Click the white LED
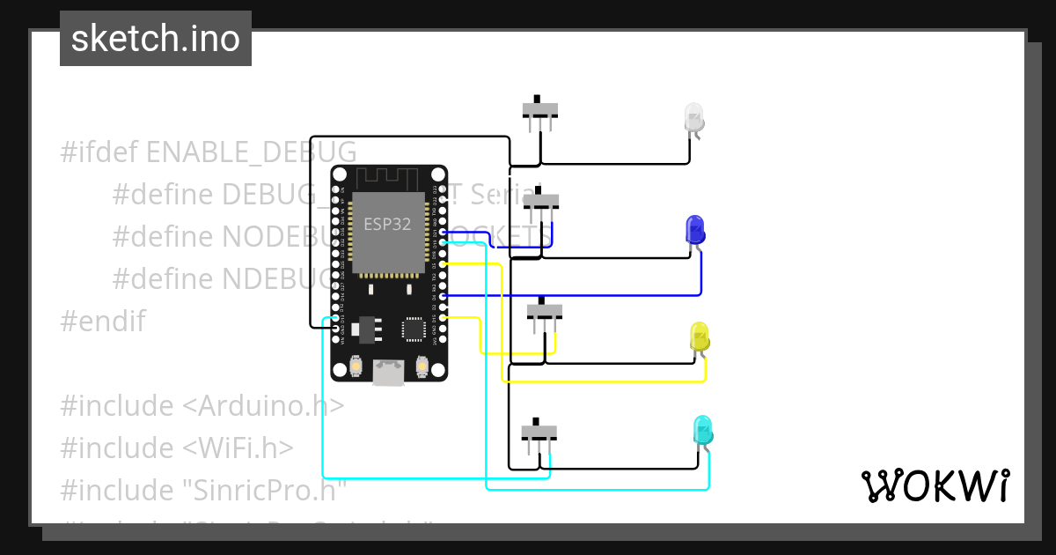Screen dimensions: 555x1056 693,118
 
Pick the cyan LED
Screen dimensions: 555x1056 703,431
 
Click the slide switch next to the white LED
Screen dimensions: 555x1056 540,108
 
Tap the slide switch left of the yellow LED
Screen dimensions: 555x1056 544,312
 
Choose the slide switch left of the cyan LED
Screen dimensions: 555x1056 539,432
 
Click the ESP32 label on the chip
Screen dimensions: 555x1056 387,224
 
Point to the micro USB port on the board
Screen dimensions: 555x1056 388,372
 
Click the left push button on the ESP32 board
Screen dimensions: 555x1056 356,363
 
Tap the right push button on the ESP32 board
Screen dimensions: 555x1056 421,363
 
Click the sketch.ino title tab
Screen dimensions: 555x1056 156,39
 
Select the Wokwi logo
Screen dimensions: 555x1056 935,485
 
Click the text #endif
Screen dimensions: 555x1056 103,321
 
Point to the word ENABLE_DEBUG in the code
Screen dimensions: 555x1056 251,152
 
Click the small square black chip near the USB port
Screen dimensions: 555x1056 414,329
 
